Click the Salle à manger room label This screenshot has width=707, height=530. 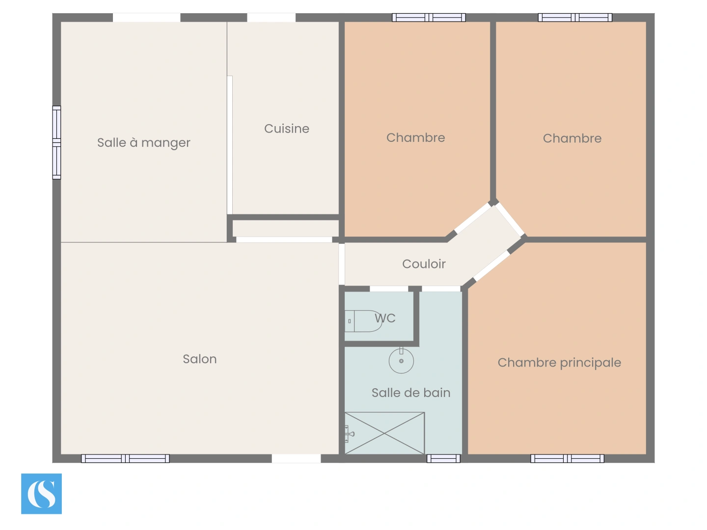pyautogui.click(x=143, y=143)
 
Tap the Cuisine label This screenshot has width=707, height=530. pyautogui.click(x=287, y=129)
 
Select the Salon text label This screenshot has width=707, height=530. pyautogui.click(x=199, y=359)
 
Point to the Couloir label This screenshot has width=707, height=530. pyautogui.click(x=424, y=264)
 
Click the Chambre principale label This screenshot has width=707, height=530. pyautogui.click(x=559, y=363)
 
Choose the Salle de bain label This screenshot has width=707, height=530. pyautogui.click(x=411, y=393)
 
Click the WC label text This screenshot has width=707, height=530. pyautogui.click(x=385, y=318)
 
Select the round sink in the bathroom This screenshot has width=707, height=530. pyautogui.click(x=401, y=361)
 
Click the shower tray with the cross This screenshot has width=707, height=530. pyautogui.click(x=384, y=433)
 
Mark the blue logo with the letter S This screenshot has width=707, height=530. pyautogui.click(x=41, y=494)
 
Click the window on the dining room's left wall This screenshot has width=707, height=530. pyautogui.click(x=56, y=142)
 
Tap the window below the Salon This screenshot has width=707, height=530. pyautogui.click(x=125, y=458)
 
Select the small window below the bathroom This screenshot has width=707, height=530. pyautogui.click(x=443, y=458)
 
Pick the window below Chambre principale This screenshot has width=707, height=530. pyautogui.click(x=567, y=458)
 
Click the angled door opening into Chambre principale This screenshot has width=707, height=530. pyautogui.click(x=491, y=265)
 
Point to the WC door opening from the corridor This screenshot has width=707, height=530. pyautogui.click(x=389, y=289)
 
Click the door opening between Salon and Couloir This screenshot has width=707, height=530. pyautogui.click(x=342, y=264)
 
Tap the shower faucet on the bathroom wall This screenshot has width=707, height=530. pyautogui.click(x=349, y=434)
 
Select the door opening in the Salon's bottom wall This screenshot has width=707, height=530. pyautogui.click(x=296, y=458)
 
